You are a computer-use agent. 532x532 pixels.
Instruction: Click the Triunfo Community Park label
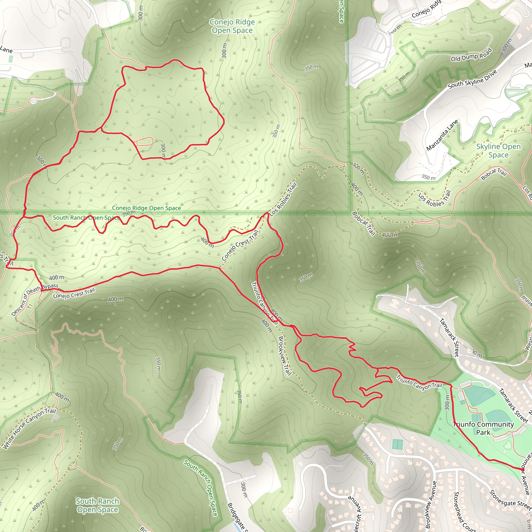[x=483, y=428]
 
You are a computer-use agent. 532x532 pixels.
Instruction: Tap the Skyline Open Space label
[x=498, y=151]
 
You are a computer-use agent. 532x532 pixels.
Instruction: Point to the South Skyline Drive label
[x=473, y=79]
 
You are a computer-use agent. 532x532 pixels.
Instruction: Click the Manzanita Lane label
[x=442, y=135]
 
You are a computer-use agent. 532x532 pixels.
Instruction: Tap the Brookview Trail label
[x=285, y=356]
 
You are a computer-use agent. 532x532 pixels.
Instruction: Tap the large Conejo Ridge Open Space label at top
[x=232, y=26]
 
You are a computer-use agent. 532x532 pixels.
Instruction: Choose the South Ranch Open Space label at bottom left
[x=97, y=505]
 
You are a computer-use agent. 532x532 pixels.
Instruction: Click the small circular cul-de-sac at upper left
[x=34, y=101]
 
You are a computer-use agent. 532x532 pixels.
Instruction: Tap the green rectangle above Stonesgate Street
[x=398, y=444]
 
